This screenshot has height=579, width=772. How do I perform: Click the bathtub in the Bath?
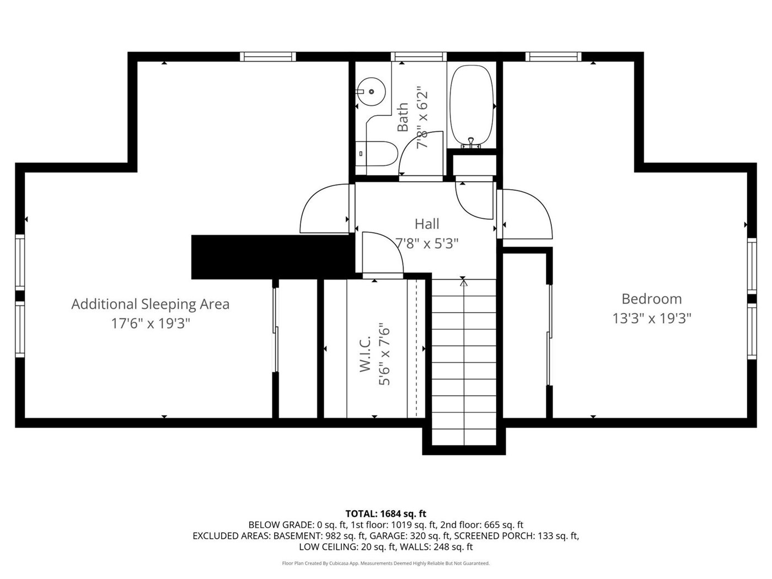pyautogui.click(x=471, y=106)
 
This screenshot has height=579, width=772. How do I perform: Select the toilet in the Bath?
pyautogui.click(x=376, y=154)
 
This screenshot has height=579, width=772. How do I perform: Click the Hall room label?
pyautogui.click(x=427, y=224)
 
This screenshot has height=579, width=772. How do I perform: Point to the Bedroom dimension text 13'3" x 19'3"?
pyautogui.click(x=652, y=319)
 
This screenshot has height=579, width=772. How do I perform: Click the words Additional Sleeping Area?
pyautogui.click(x=150, y=304)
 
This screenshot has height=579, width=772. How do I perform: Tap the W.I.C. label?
pyautogui.click(x=365, y=353)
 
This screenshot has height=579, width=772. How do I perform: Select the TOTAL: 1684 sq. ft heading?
pyautogui.click(x=386, y=513)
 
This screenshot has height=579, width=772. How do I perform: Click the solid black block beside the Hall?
pyautogui.click(x=273, y=257)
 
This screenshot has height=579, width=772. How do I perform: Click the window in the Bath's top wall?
pyautogui.click(x=419, y=57)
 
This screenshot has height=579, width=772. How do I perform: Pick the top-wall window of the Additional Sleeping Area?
pyautogui.click(x=268, y=57)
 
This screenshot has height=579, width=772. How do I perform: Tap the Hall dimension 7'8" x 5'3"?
pyautogui.click(x=427, y=243)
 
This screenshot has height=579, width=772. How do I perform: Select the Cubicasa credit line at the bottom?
pyautogui.click(x=386, y=563)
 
